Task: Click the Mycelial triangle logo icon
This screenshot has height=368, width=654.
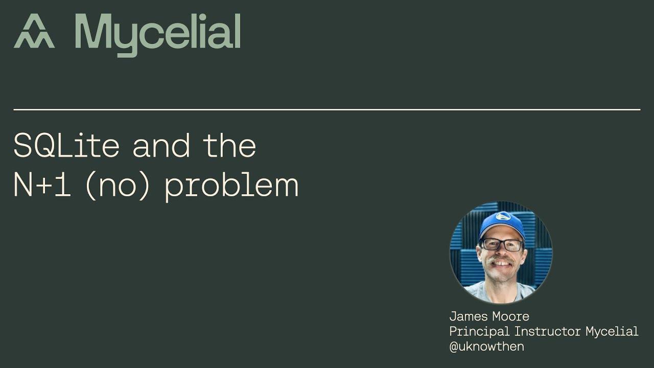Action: tap(34, 32)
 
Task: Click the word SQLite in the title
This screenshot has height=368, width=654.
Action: tap(66, 146)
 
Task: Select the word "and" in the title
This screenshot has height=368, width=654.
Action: tap(161, 146)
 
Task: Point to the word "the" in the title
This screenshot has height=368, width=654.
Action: tap(229, 146)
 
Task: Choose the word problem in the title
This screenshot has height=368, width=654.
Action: tap(231, 186)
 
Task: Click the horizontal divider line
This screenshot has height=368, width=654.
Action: tap(327, 109)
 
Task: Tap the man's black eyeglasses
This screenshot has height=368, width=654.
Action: tap(501, 244)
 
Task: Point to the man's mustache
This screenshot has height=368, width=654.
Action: tap(501, 261)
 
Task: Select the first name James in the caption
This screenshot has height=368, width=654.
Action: tap(466, 316)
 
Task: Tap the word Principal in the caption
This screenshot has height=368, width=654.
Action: tap(479, 332)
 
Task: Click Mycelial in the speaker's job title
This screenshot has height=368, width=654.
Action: tap(612, 332)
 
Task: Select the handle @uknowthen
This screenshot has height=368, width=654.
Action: tap(486, 347)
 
